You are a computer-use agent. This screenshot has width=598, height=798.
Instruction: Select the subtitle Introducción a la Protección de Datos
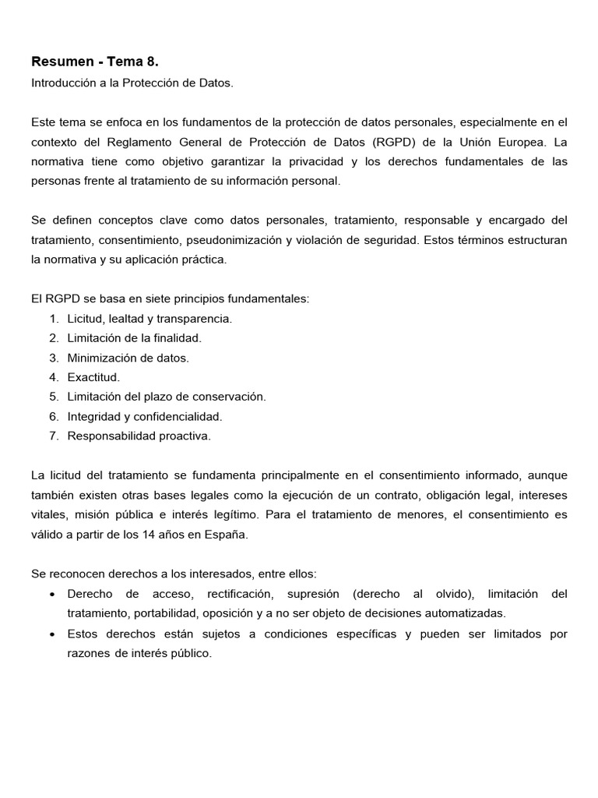point(132,83)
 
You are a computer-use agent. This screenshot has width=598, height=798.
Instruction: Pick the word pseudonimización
point(229,240)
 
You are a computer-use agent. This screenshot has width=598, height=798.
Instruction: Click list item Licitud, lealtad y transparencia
point(149,319)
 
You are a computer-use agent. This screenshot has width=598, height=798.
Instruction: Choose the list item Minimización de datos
point(128,358)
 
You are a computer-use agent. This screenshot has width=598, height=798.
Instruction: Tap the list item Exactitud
point(93,377)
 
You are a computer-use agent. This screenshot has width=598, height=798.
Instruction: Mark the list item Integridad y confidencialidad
point(144,416)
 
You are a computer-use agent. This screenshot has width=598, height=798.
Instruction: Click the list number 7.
point(53,436)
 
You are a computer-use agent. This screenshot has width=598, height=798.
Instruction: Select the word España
point(230,534)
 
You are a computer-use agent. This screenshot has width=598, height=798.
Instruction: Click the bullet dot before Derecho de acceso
point(51,594)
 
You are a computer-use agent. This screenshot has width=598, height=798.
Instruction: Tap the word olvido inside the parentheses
point(451,593)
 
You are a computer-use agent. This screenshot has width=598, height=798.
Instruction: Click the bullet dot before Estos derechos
point(51,634)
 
